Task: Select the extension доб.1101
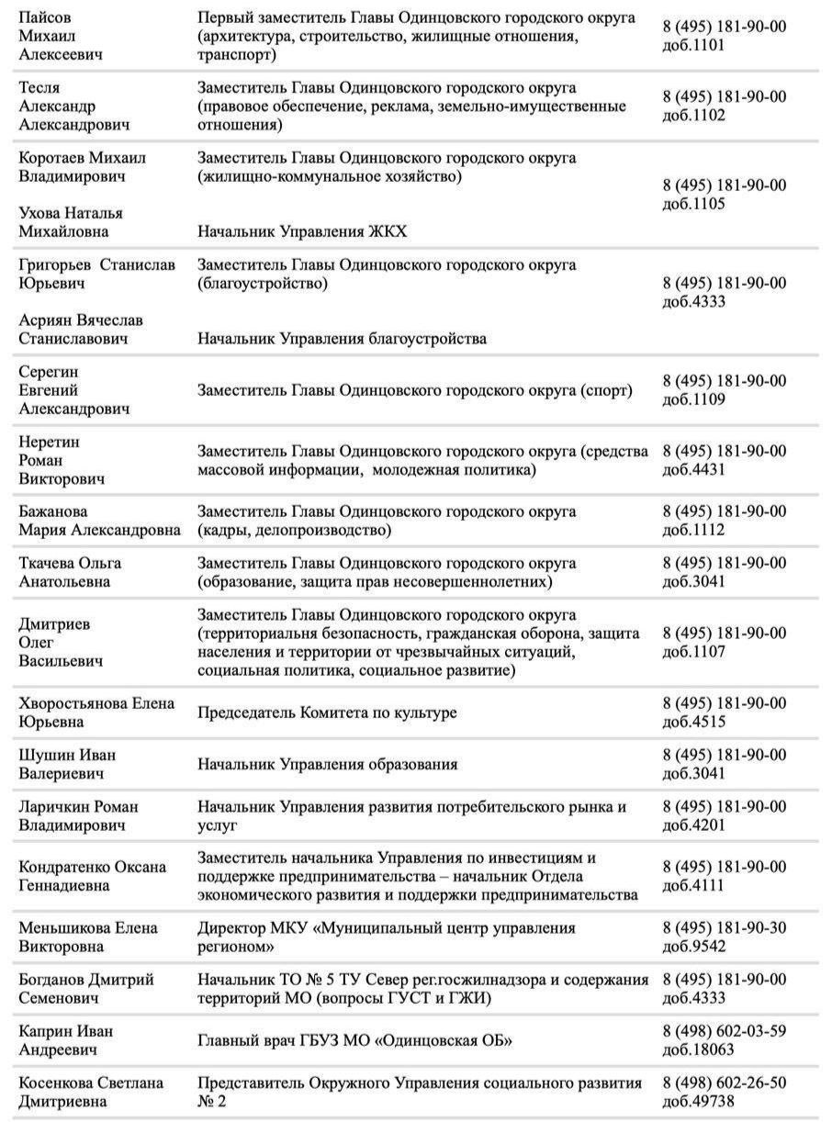click(694, 45)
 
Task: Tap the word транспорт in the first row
click(235, 55)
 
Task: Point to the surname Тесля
click(39, 88)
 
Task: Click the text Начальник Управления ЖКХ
click(302, 231)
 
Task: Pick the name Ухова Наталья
click(71, 213)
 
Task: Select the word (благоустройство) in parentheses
click(263, 284)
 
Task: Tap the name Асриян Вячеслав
click(81, 320)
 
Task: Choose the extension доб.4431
click(694, 470)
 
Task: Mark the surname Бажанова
click(53, 511)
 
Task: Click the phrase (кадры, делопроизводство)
click(295, 530)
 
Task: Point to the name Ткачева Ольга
click(70, 563)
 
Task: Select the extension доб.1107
click(694, 652)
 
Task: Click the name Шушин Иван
click(67, 755)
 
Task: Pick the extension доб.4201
click(694, 825)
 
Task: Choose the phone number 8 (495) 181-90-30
click(725, 928)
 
